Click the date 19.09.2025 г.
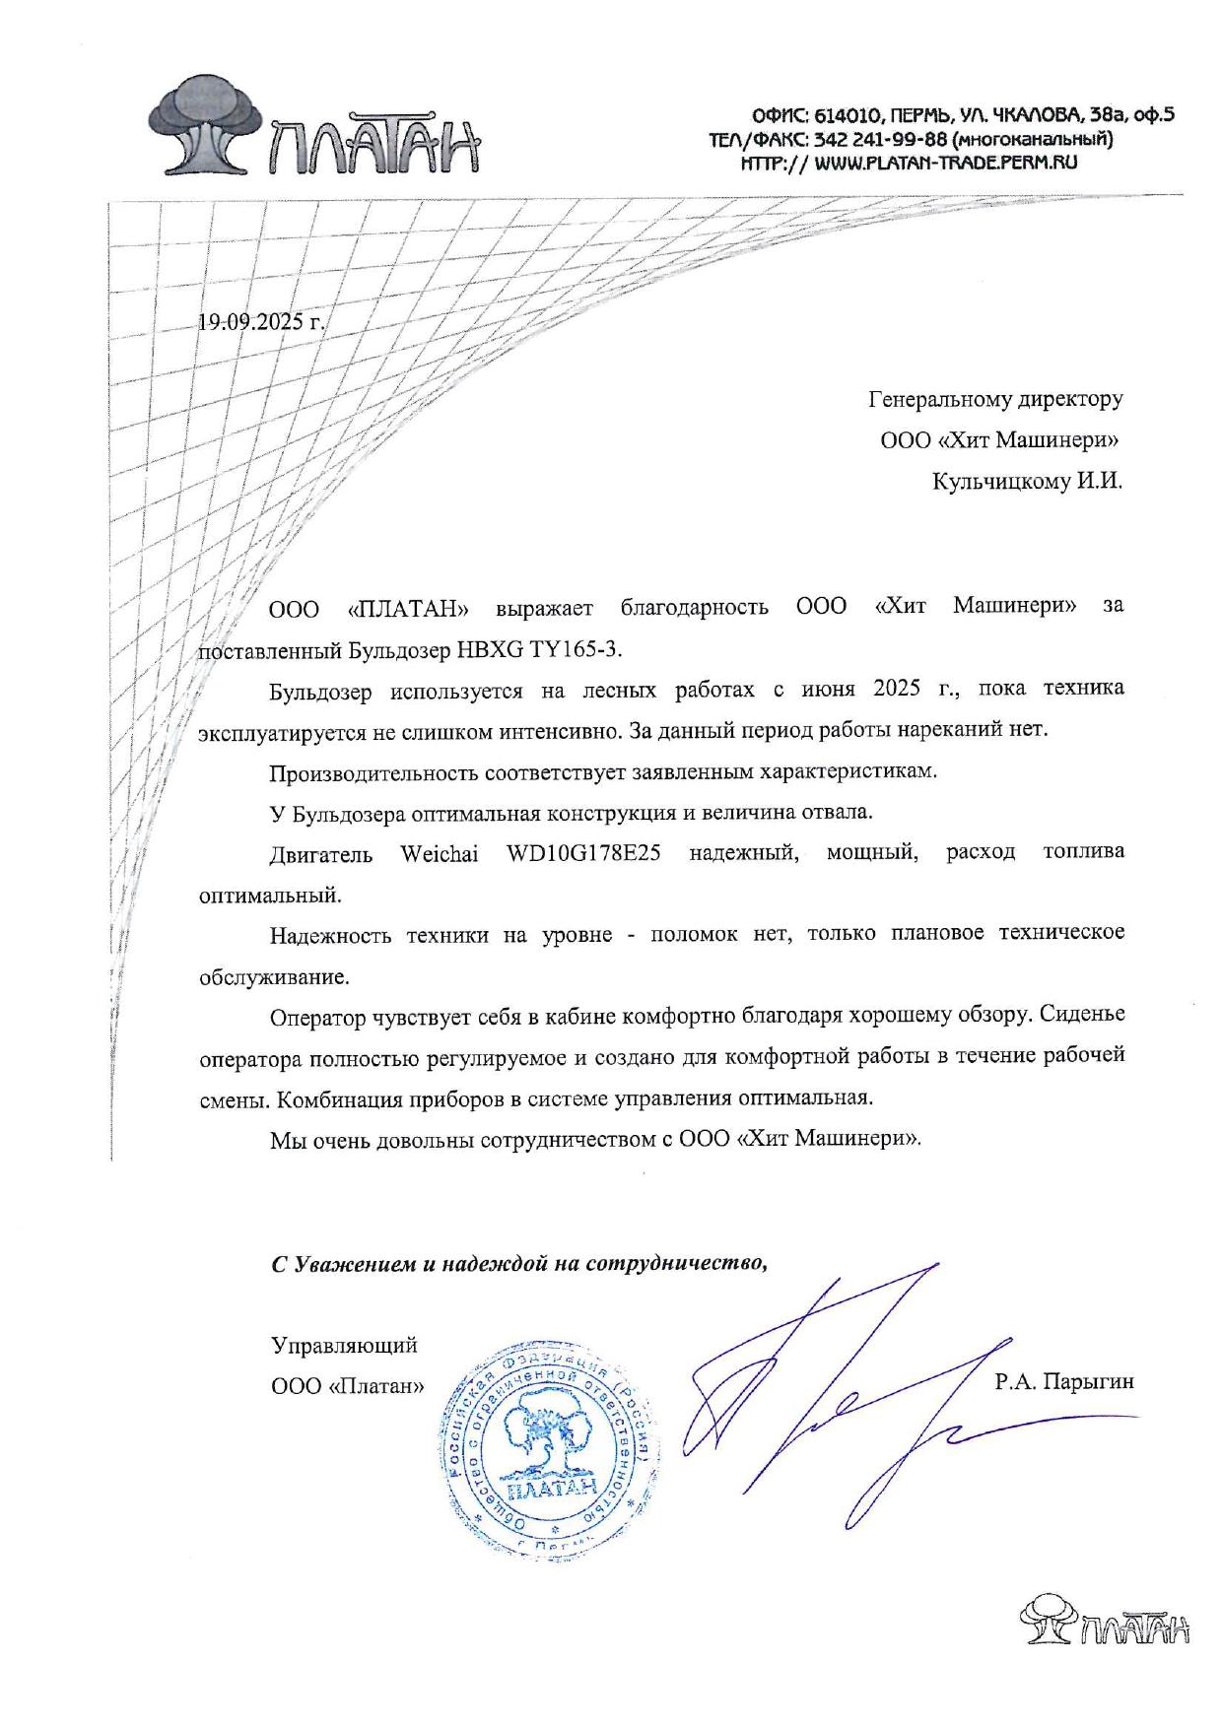click(261, 322)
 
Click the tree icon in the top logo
click(207, 123)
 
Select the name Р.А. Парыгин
click(1063, 1381)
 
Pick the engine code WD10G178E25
click(583, 853)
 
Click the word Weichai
click(439, 853)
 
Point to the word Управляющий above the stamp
click(344, 1345)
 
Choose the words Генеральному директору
click(995, 399)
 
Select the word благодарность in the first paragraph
click(694, 607)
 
